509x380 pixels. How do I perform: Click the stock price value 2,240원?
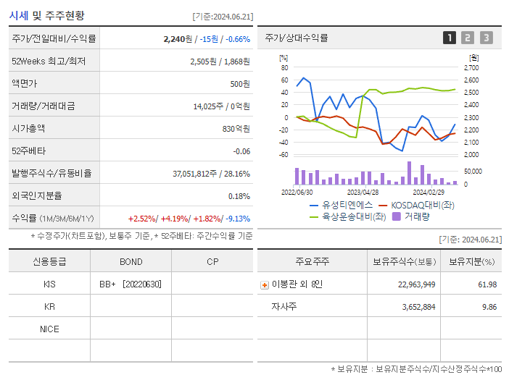point(178,39)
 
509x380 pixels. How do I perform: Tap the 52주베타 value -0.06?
point(241,151)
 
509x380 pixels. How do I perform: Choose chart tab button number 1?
point(450,38)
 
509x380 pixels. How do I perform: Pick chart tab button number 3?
point(486,38)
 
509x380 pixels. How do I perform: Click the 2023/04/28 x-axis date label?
point(363,193)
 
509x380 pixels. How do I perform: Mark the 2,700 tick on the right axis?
point(471,68)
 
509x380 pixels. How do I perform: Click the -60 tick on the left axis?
point(284,155)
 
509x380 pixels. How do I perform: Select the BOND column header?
point(131,261)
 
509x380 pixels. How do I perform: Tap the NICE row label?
point(49,329)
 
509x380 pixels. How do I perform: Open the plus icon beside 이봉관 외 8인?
point(264,285)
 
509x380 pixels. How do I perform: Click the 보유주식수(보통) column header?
point(405,261)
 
